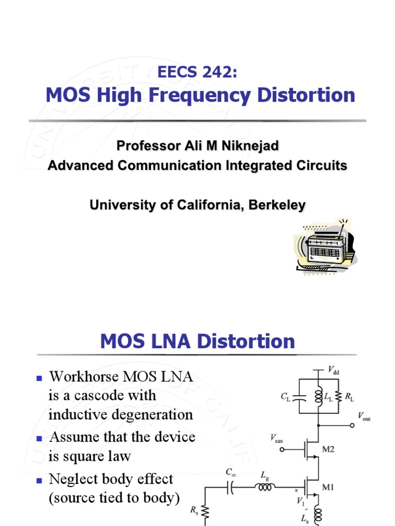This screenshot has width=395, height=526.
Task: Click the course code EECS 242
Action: click(x=198, y=72)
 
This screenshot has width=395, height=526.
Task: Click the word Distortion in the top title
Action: click(x=303, y=95)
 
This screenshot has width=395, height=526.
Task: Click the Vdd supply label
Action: click(x=334, y=370)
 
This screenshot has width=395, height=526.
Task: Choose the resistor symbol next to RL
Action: click(x=338, y=396)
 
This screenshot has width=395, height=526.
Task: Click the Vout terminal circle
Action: click(x=352, y=425)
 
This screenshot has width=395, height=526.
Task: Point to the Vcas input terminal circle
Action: click(x=282, y=449)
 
